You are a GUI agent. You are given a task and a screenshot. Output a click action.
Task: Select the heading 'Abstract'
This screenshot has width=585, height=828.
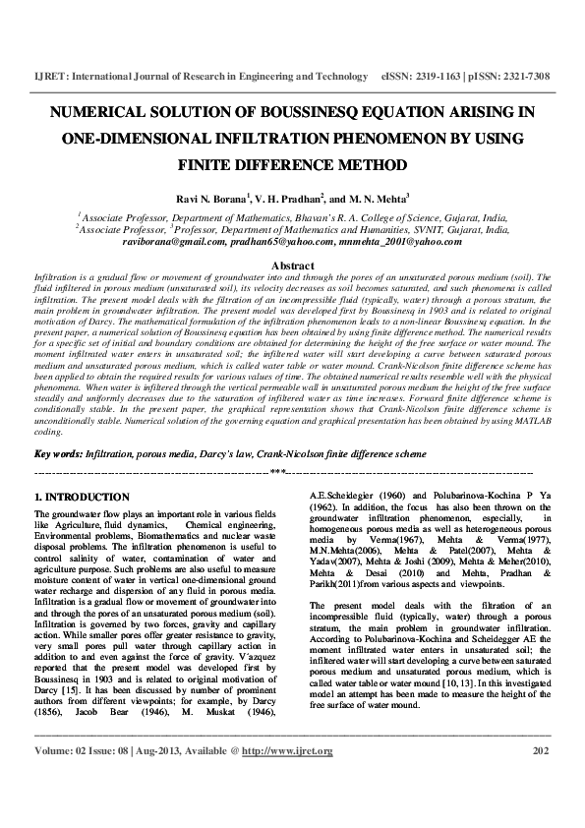292,266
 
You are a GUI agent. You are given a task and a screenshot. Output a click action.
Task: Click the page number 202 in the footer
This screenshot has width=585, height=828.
539,778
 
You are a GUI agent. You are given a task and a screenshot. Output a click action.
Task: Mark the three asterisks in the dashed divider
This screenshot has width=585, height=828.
292,473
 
